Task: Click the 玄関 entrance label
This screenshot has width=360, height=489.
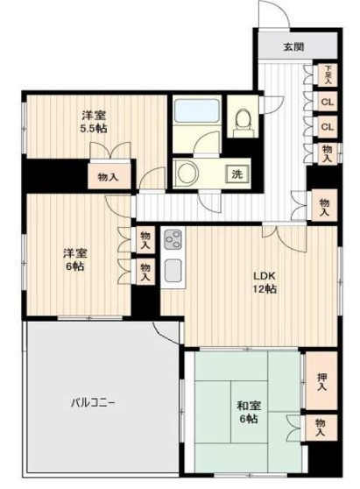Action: [293, 46]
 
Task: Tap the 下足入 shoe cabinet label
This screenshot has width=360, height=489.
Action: [328, 74]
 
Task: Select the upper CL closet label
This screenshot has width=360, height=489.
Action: [327, 101]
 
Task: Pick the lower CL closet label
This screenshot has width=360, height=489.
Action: [327, 127]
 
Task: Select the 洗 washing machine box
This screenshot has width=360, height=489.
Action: [236, 174]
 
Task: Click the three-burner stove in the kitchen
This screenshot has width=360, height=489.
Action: [172, 238]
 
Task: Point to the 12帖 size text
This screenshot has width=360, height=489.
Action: [265, 289]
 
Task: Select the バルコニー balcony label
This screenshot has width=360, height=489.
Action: [95, 403]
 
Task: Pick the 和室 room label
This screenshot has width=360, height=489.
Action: [245, 406]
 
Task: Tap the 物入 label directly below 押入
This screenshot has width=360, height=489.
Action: [322, 429]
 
